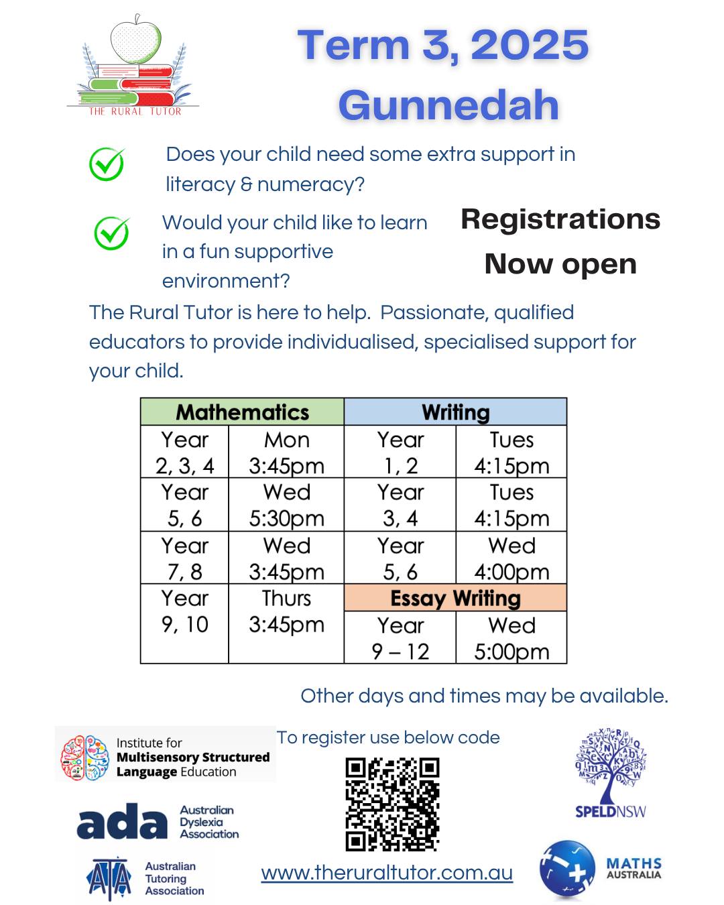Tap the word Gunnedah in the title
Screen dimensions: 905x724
click(448, 105)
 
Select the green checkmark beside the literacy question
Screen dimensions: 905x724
click(107, 164)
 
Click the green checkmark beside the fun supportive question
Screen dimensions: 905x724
click(111, 233)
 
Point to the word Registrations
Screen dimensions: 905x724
click(560, 219)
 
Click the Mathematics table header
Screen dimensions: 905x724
click(242, 412)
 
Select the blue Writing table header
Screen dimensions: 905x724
click(455, 412)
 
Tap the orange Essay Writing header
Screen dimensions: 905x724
click(455, 598)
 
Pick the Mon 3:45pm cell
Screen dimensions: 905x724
click(286, 452)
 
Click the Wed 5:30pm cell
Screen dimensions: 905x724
click(286, 505)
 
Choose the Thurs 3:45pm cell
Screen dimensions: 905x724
click(286, 611)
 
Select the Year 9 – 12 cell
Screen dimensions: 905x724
click(400, 638)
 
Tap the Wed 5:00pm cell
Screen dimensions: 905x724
click(511, 638)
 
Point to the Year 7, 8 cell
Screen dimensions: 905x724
click(184, 558)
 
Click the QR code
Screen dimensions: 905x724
click(392, 804)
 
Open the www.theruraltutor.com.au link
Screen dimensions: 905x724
click(387, 873)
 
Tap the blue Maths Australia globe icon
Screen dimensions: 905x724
click(567, 870)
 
